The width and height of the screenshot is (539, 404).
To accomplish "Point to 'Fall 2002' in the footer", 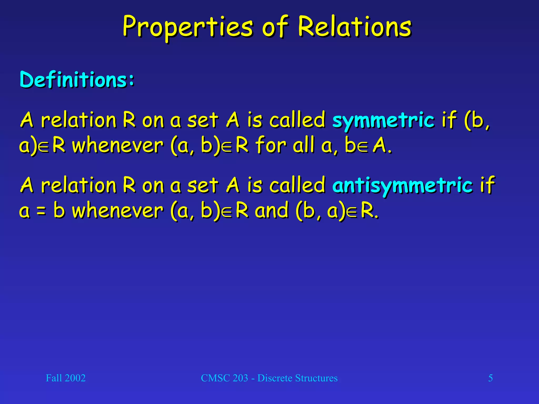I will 66,378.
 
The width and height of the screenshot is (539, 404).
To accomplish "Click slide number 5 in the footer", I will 490,378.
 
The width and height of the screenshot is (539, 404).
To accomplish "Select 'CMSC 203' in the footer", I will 224,378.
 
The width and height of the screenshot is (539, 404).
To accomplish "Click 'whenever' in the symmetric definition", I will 118,145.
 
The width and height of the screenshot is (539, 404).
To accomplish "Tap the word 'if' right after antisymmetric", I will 487,185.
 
